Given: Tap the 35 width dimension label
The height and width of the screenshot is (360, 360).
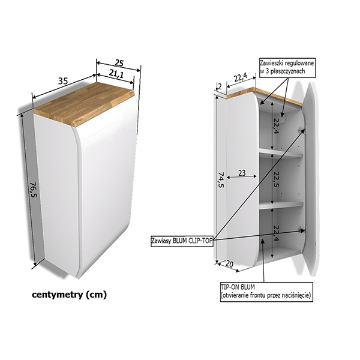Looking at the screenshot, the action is tap(62, 81).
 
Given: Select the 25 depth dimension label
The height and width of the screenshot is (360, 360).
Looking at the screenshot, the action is tap(119, 62).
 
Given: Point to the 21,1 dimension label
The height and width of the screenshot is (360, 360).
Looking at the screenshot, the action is tap(116, 74).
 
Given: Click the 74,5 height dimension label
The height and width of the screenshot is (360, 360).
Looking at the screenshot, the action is tap(220, 180).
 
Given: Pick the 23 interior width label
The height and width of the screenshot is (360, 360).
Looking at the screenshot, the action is tap(242, 173).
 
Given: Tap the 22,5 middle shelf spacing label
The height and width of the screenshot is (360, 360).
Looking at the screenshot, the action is tap(275, 179).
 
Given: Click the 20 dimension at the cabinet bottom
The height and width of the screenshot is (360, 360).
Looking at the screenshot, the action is tap(229, 264).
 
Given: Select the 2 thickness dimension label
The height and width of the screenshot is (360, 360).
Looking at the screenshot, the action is tap(220, 86).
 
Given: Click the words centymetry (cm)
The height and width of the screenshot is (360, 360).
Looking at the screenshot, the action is tap(69, 295).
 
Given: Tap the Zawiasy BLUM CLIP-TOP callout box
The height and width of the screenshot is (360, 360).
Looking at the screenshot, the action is tap(182, 241).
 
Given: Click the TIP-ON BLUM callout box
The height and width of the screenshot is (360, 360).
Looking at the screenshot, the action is tap(266, 292).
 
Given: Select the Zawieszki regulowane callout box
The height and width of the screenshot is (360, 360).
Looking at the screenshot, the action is tap(287, 67).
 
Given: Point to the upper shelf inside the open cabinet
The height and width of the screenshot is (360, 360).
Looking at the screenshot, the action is tap(281, 153).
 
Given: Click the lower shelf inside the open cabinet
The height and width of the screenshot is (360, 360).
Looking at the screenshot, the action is tap(281, 205).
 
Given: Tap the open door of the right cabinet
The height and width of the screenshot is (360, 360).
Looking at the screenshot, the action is tap(310, 179).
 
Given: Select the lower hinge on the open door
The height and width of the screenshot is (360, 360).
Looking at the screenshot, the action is tap(302, 230).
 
